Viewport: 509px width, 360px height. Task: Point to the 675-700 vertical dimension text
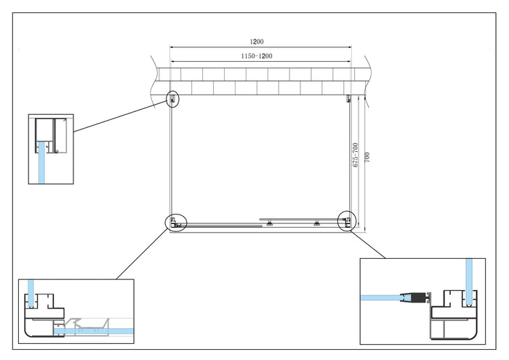pos(356,155)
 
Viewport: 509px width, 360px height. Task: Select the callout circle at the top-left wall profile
pos(172,99)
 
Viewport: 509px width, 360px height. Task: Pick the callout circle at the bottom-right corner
pos(347,220)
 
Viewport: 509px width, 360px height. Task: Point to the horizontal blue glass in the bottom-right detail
pos(382,297)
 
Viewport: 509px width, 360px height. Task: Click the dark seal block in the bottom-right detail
pos(417,297)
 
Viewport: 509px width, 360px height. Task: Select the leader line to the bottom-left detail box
pos(138,255)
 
